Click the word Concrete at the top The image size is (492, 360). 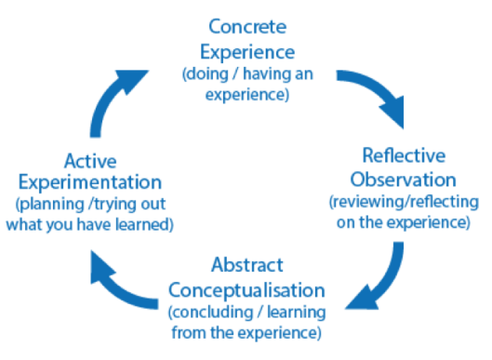[x=246, y=25]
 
